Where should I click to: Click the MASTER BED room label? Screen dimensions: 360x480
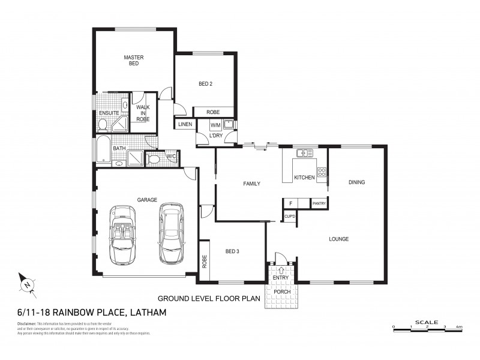tap(133, 61)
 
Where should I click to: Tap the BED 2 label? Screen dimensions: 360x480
tap(205, 84)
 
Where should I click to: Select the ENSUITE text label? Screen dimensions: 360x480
tap(109, 113)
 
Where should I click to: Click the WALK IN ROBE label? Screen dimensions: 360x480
tap(143, 113)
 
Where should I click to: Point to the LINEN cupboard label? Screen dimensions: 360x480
tap(184, 124)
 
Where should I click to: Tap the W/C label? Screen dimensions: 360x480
tap(170, 157)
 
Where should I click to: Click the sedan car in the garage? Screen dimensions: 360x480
tap(170, 232)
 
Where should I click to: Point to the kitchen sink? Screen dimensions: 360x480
tap(304, 154)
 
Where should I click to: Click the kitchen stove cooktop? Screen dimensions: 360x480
tap(322, 173)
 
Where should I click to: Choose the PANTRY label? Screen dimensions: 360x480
tap(319, 204)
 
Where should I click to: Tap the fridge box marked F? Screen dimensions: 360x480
tap(290, 204)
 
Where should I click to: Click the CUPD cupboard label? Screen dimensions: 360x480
tap(289, 216)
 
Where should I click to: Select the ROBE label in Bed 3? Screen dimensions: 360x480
tap(205, 260)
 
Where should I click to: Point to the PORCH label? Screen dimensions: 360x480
tap(281, 292)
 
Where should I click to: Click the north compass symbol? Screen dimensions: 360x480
tap(26, 283)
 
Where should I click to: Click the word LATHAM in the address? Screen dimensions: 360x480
tap(146, 313)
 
